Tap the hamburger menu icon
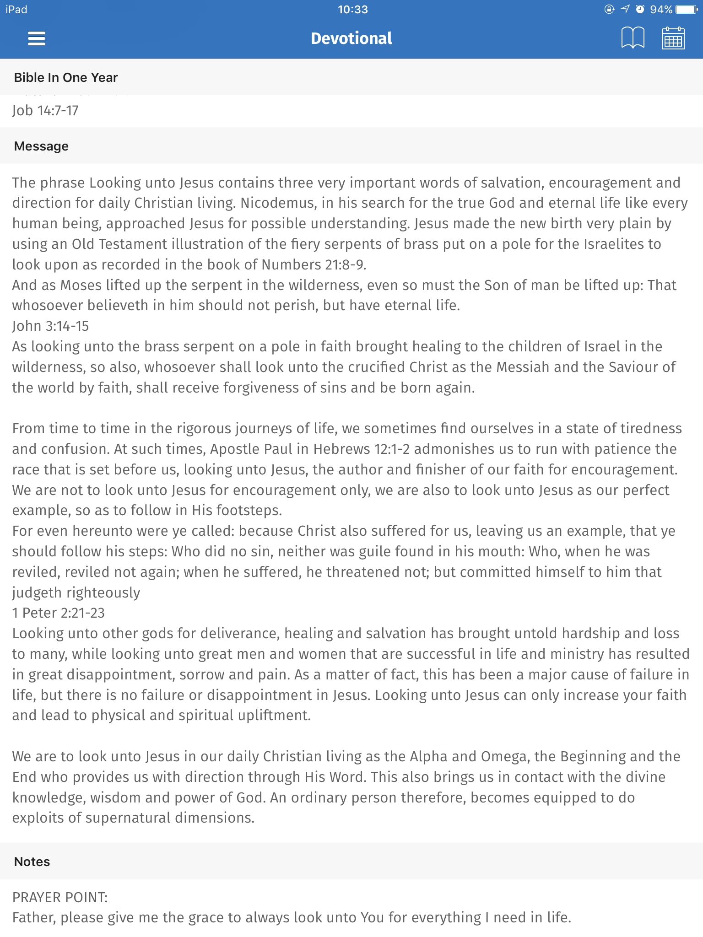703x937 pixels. [x=37, y=38]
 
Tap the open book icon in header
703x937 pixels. [x=633, y=38]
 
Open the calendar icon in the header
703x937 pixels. [x=673, y=38]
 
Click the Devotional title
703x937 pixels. [x=351, y=38]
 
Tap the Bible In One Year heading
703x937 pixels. [x=66, y=77]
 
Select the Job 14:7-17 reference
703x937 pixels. [x=45, y=110]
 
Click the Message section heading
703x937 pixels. [x=41, y=146]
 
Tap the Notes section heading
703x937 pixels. [x=32, y=862]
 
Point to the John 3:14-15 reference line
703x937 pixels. [x=50, y=326]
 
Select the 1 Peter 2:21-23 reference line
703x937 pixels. [x=59, y=613]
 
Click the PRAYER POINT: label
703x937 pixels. [x=60, y=897]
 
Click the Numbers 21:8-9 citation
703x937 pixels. [x=314, y=264]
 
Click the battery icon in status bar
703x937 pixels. [x=686, y=9]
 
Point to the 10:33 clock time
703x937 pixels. [x=352, y=9]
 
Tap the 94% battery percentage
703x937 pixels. [x=661, y=9]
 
